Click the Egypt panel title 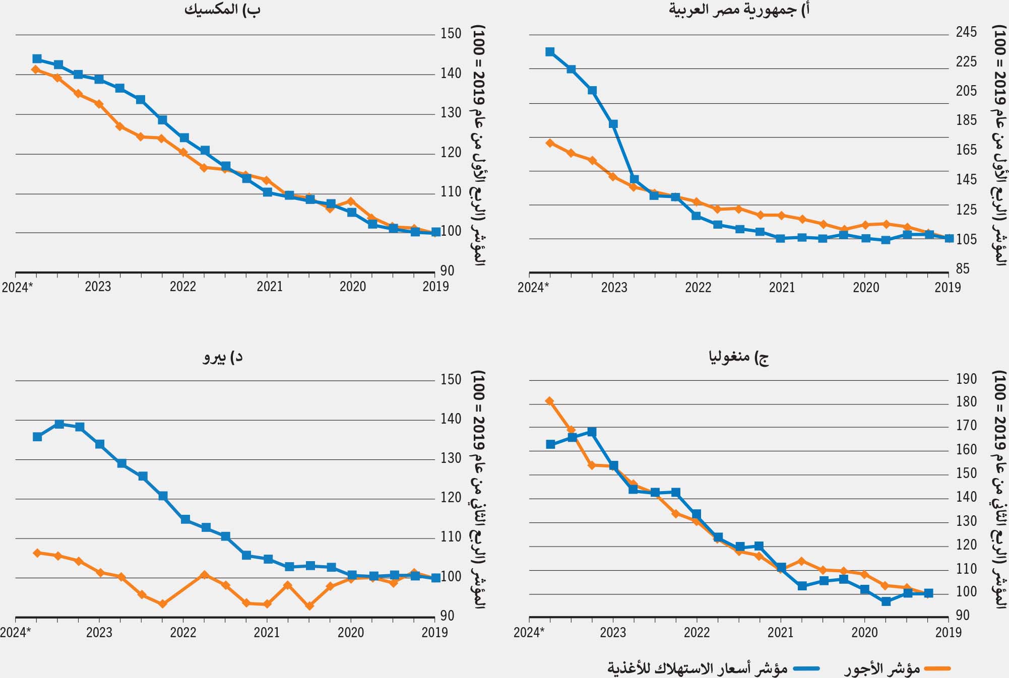pos(739,10)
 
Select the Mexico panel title pos(222,10)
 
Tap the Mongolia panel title pos(739,357)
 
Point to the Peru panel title pos(222,357)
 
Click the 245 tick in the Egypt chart pos(966,32)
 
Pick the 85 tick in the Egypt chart pos(962,268)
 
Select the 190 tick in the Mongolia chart pos(966,379)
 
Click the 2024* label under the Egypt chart pos(533,288)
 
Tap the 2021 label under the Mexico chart pos(270,287)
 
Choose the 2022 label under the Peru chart pos(183,633)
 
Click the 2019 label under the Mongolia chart pos(948,633)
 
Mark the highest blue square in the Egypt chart pos(550,52)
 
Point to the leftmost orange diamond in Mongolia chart pos(550,401)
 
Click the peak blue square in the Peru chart pos(59,424)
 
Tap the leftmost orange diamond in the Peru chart pos(37,553)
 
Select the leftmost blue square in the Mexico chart pos(37,59)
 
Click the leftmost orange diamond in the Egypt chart pos(550,143)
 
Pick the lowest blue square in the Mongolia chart pos(886,601)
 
